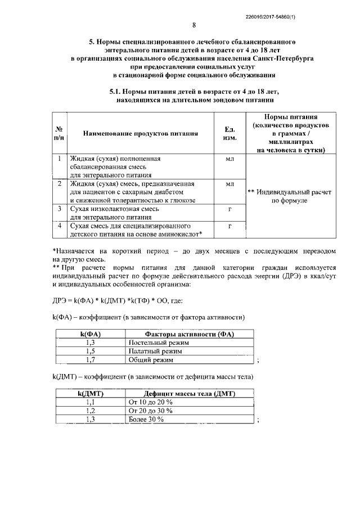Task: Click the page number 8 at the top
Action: point(193,25)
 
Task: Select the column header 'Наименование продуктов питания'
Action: point(141,134)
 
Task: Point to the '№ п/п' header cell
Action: point(58,133)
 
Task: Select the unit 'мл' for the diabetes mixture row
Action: point(229,184)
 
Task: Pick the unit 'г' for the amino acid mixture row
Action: point(229,225)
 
